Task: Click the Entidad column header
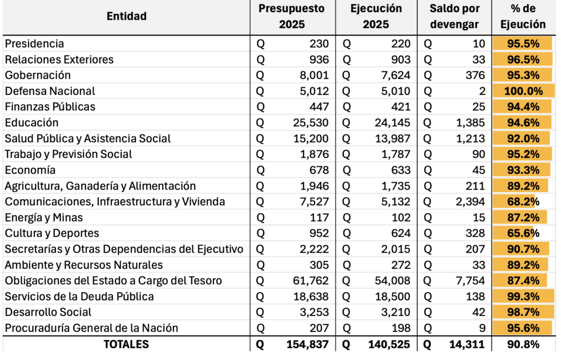point(127,16)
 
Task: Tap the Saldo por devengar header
point(454,16)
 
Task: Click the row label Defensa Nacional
point(50,91)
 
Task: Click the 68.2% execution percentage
point(524,202)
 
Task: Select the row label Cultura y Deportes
point(52,233)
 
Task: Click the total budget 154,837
point(307,344)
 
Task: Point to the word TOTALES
point(126,344)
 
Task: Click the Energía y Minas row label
point(44,218)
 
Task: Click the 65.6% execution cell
point(524,233)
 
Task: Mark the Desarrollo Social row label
point(48,312)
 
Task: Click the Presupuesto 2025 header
point(291,16)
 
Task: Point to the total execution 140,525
point(390,344)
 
